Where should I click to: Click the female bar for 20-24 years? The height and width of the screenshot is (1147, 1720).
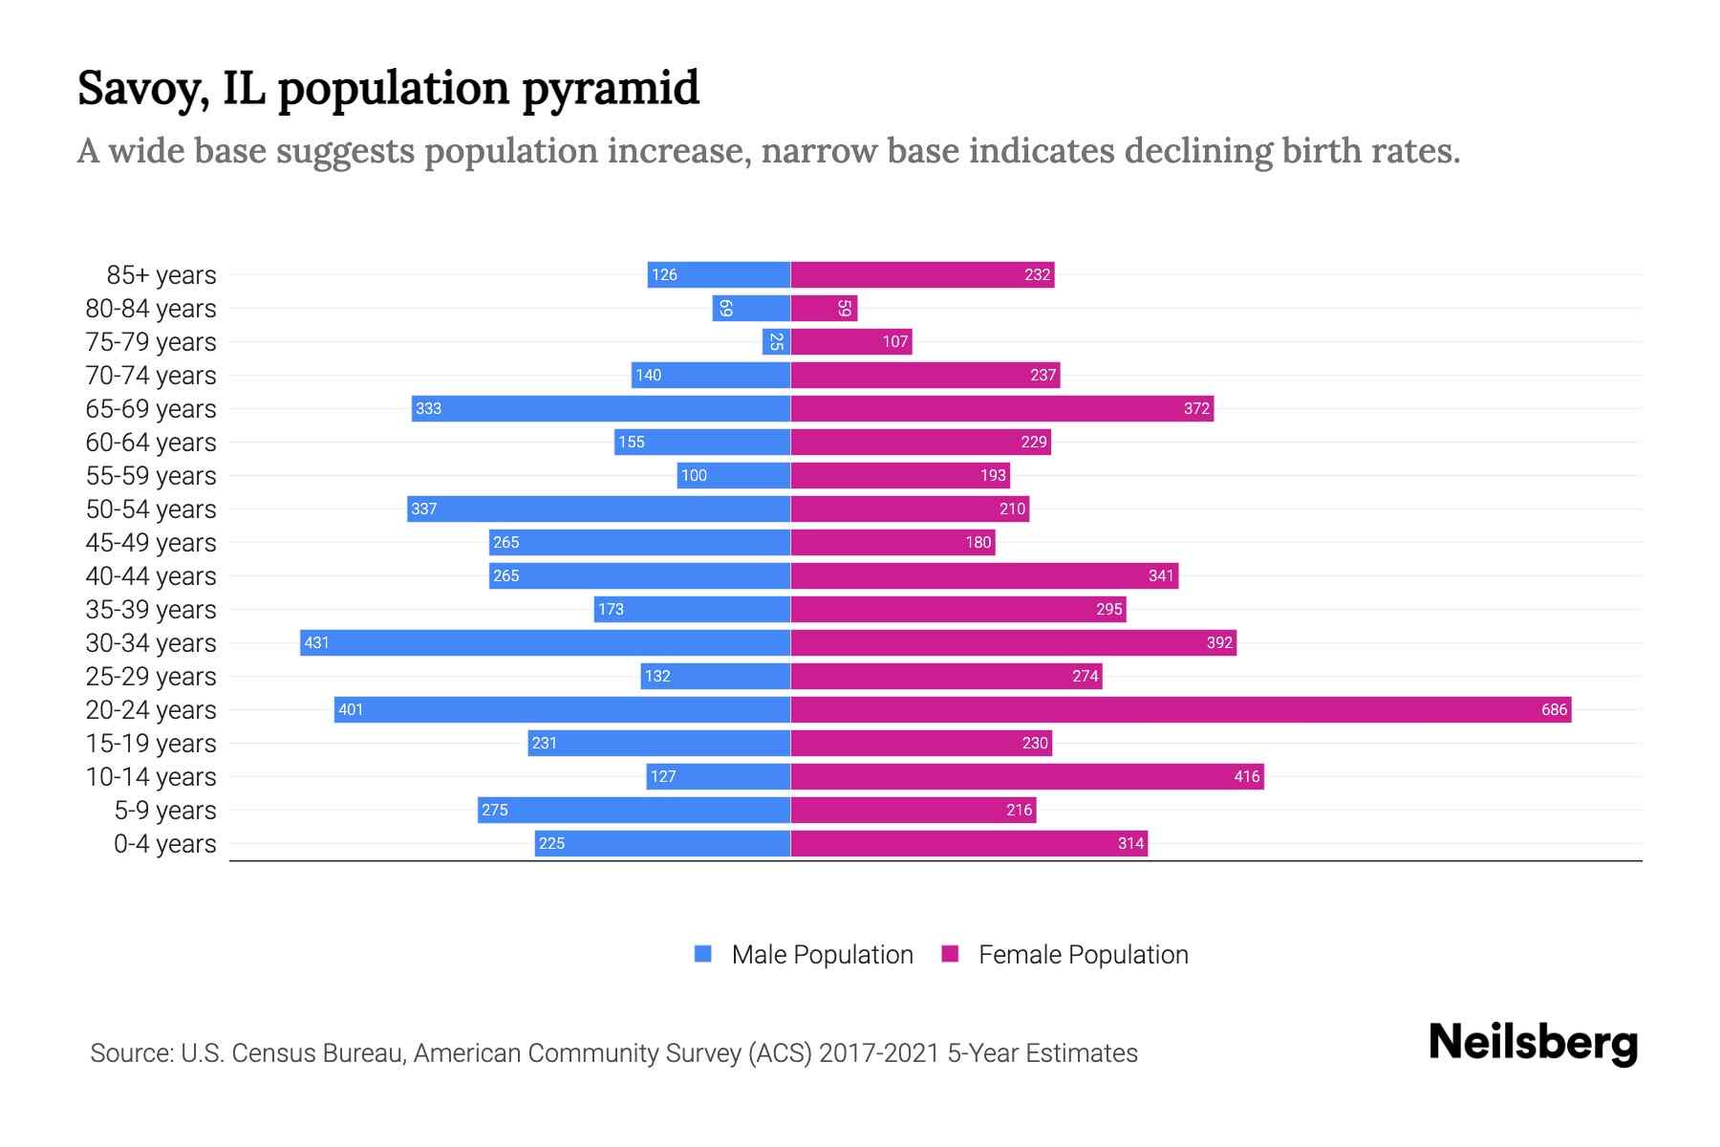point(1180,709)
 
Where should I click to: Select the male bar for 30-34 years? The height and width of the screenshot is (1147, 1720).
point(545,642)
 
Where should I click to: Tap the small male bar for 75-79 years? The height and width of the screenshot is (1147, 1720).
point(776,341)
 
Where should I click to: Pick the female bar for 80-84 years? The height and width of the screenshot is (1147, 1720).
point(824,308)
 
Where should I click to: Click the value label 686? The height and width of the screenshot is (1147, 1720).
point(1554,709)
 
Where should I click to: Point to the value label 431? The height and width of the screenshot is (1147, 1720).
point(316,642)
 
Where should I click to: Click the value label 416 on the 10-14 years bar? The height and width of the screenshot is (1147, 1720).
point(1246,776)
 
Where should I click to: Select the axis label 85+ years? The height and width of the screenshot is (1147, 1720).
point(161,275)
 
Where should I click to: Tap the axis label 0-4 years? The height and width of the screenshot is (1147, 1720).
point(164,844)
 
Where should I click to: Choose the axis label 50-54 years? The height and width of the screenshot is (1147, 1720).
point(151,509)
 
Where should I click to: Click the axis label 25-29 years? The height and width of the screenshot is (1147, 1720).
point(151,677)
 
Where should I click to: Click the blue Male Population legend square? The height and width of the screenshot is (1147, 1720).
point(703,954)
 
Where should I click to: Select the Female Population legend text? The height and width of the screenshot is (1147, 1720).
point(1083,955)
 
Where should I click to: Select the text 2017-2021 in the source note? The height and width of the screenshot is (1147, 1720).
point(878,1053)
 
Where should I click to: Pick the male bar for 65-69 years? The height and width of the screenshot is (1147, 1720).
point(601,408)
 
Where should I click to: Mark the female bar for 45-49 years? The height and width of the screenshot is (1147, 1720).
point(892,542)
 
